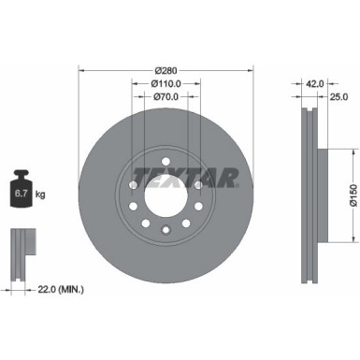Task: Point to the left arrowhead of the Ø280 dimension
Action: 82,70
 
